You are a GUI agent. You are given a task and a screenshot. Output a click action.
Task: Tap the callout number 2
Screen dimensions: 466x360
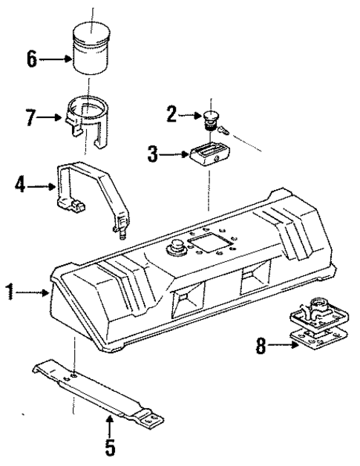pos(171,114)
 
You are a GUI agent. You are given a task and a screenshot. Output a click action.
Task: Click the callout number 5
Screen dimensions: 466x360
pos(108,449)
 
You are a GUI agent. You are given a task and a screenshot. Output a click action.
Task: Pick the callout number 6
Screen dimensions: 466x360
pos(32,59)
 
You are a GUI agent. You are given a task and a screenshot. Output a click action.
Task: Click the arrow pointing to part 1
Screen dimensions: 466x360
pos(33,293)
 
